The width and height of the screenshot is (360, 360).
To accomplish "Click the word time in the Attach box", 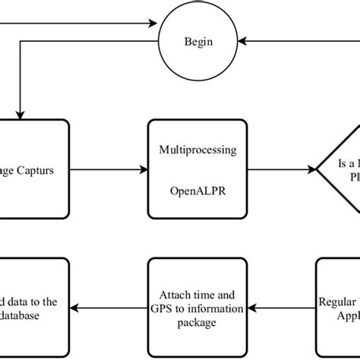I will [x=201, y=295].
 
